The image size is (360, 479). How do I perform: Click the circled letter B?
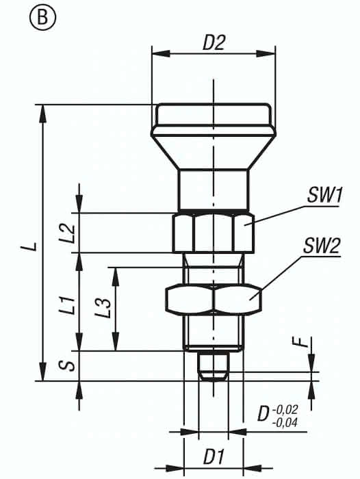click(42, 18)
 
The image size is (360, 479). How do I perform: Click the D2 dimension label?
click(214, 43)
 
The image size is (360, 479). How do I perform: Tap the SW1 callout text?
click(324, 196)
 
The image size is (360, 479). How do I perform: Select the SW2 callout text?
click(322, 246)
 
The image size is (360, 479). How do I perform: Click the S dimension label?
click(70, 365)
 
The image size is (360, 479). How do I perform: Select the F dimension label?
click(303, 342)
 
